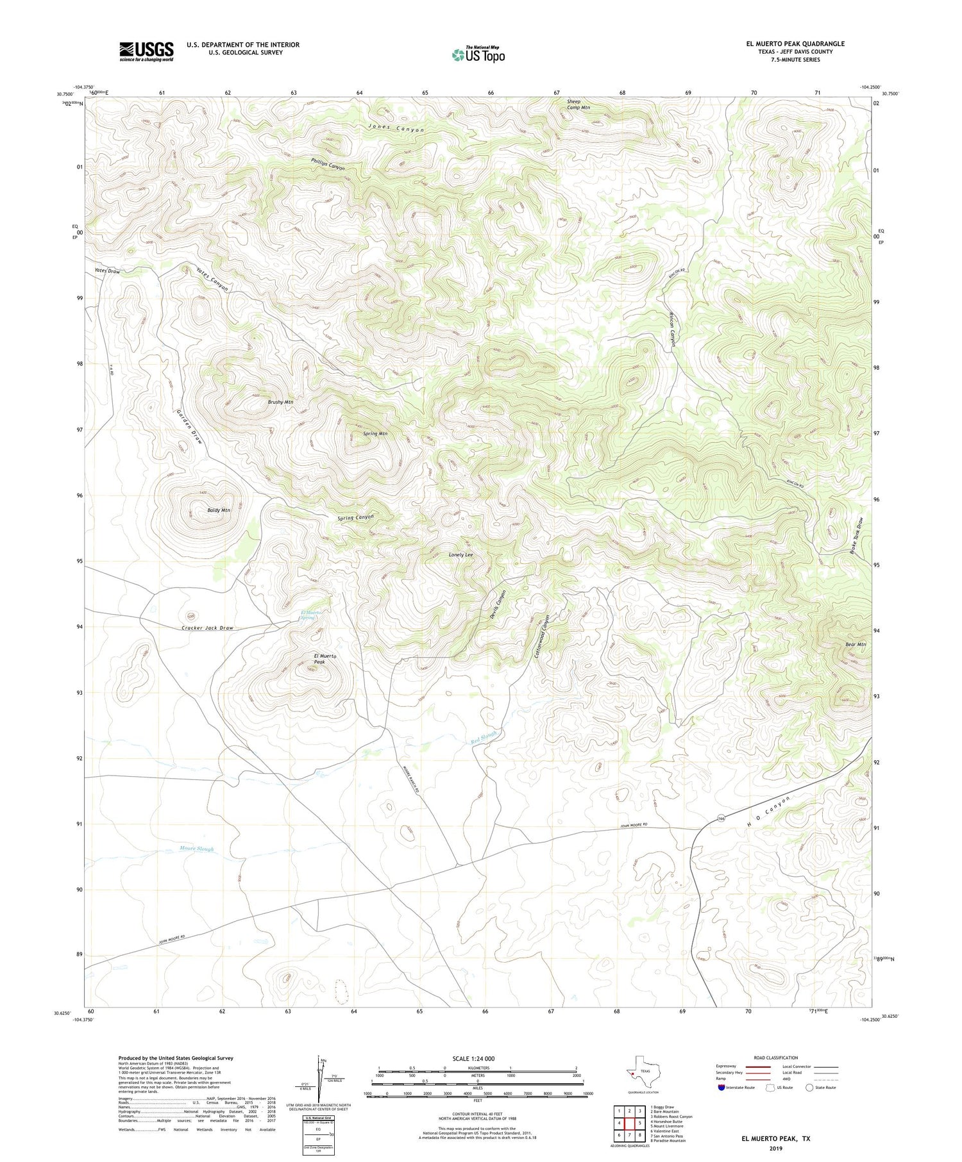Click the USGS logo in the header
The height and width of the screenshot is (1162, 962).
pos(146,51)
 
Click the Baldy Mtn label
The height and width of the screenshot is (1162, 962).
pos(219,510)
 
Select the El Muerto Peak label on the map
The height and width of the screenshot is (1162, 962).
pos(325,659)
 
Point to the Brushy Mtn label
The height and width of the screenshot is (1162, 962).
pos(280,402)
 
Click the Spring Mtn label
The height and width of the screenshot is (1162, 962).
pos(375,434)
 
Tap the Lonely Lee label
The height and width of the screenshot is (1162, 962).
pos(460,554)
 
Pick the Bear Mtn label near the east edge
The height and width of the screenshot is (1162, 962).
pos(856,644)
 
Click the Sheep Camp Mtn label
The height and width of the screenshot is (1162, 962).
pos(577,104)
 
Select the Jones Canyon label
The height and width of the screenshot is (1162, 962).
pos(396,129)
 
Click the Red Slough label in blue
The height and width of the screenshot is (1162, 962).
pos(484,738)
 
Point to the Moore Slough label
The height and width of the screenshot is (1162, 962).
pos(196,849)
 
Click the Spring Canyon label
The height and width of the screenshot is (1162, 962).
pos(355,517)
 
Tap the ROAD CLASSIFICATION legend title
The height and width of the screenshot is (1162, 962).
pos(775,1058)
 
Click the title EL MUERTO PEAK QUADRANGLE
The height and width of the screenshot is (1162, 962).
pos(795,44)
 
